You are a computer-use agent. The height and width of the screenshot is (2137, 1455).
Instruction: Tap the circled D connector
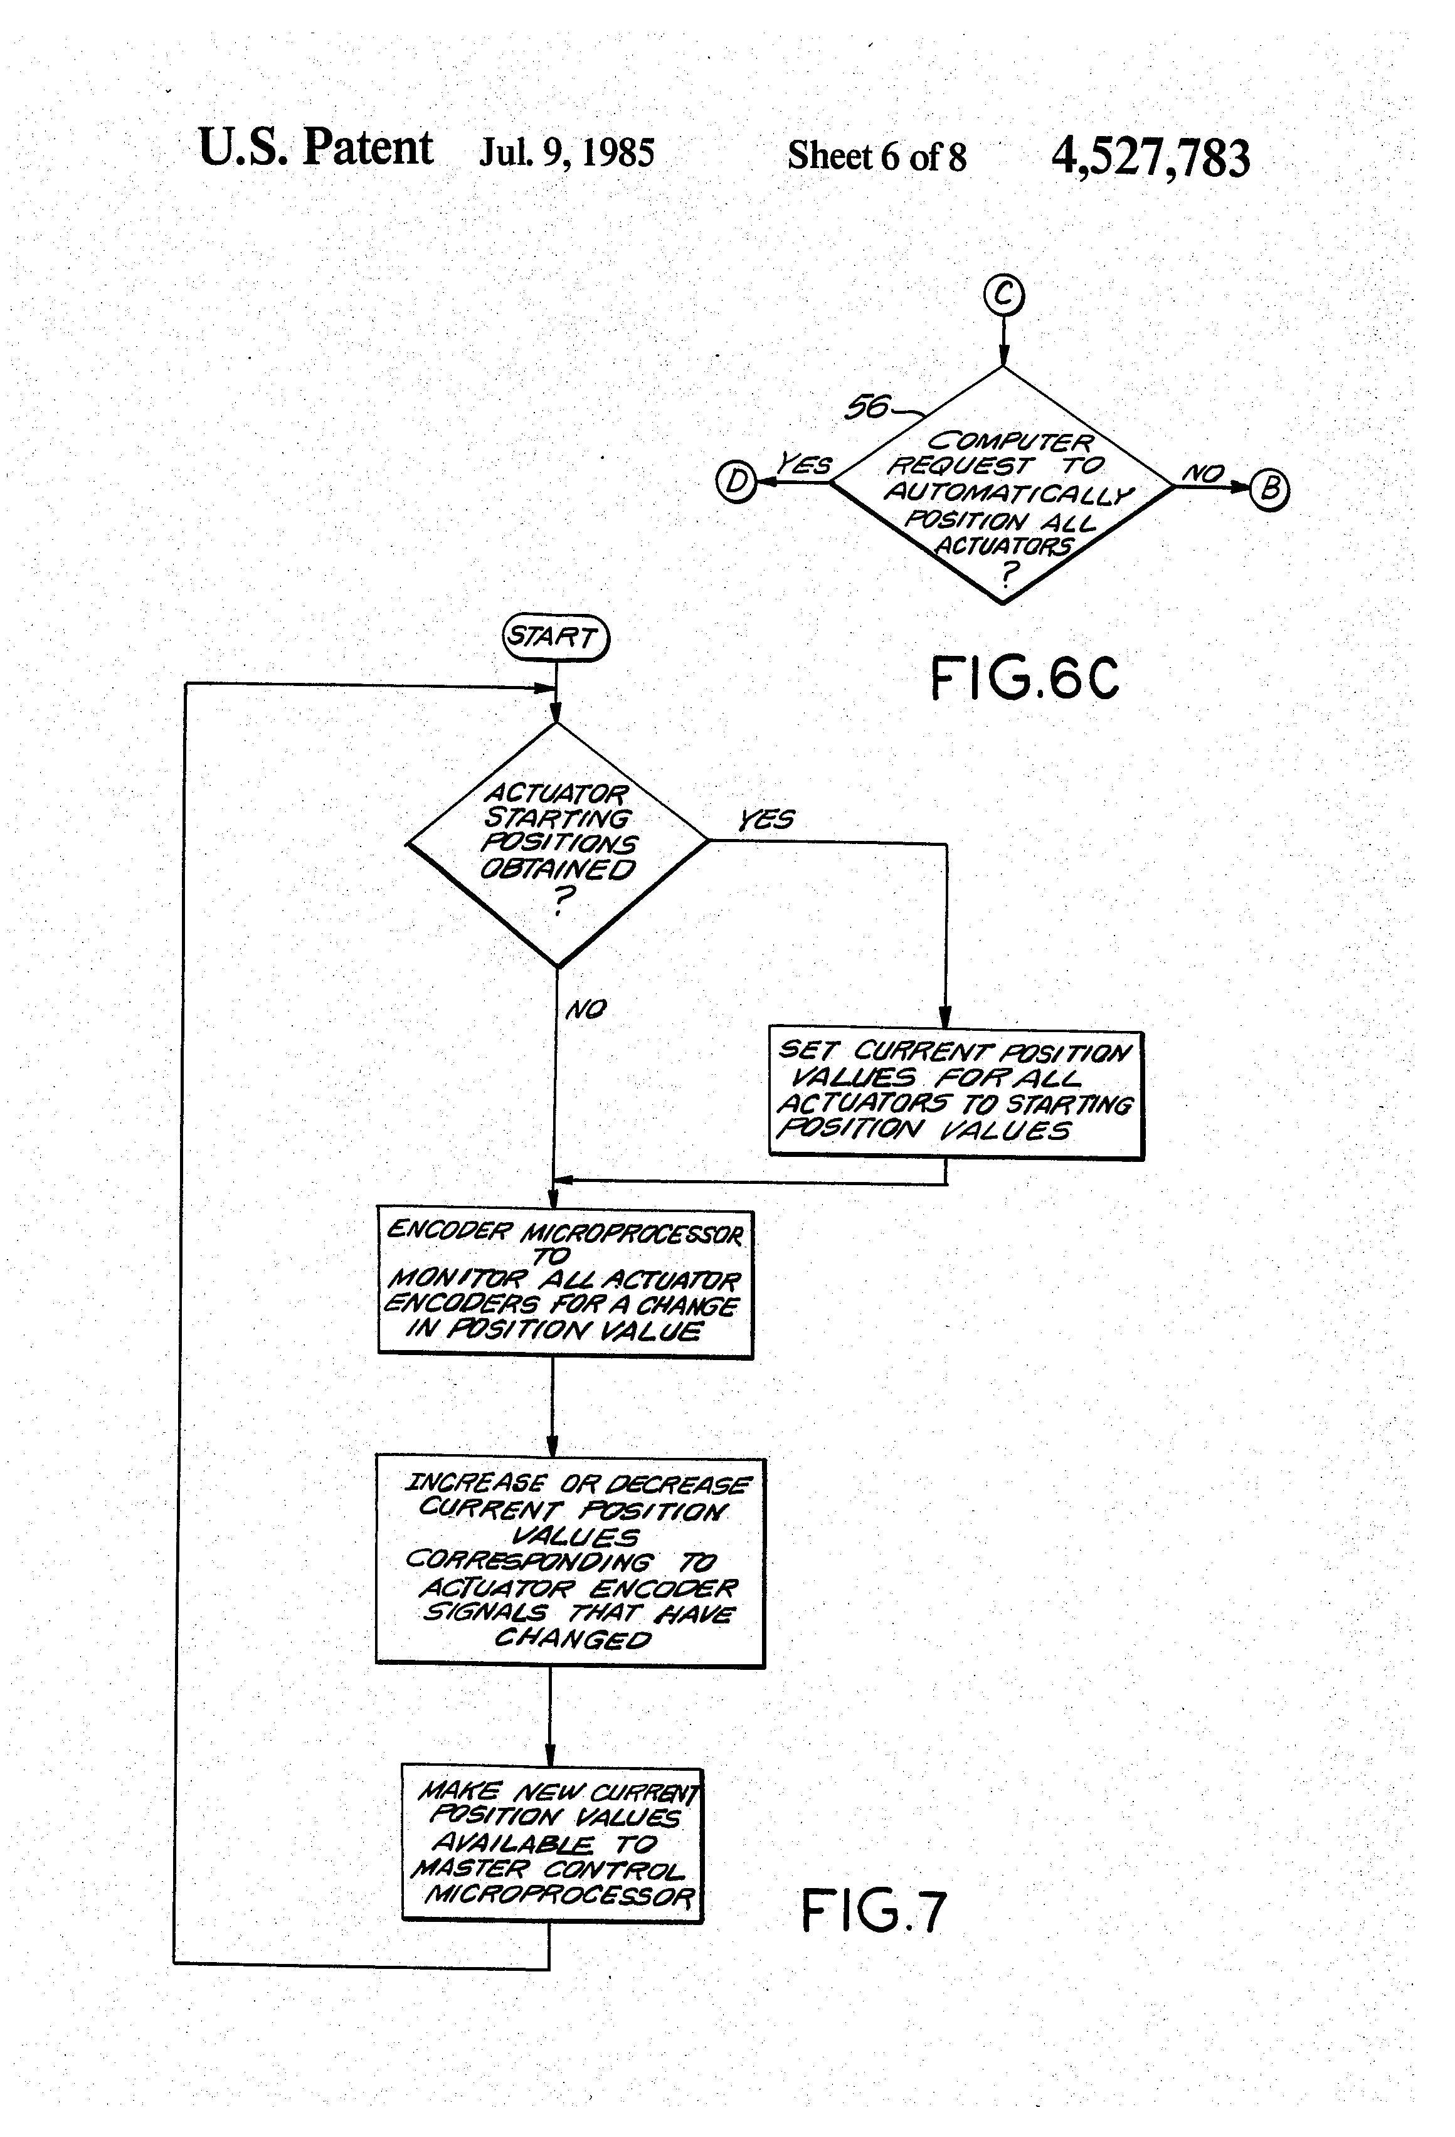click(x=736, y=482)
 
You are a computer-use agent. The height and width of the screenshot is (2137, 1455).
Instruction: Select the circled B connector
click(x=1270, y=488)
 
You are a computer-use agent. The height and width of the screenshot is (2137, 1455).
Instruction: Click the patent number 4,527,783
click(x=1150, y=157)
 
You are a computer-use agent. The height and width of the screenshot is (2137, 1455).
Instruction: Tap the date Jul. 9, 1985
click(x=566, y=152)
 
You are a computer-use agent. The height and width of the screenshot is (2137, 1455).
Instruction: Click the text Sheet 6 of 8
click(x=877, y=156)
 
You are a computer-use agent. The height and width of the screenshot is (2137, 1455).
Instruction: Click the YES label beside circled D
click(x=804, y=465)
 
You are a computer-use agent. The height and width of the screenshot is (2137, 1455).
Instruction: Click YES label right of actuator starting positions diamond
click(x=766, y=820)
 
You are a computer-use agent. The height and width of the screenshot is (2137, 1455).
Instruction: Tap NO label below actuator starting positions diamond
click(x=586, y=1010)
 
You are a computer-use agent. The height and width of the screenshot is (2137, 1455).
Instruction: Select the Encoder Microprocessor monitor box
click(x=564, y=1283)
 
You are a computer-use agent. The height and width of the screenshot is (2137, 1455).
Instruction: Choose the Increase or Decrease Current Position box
click(x=570, y=1561)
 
